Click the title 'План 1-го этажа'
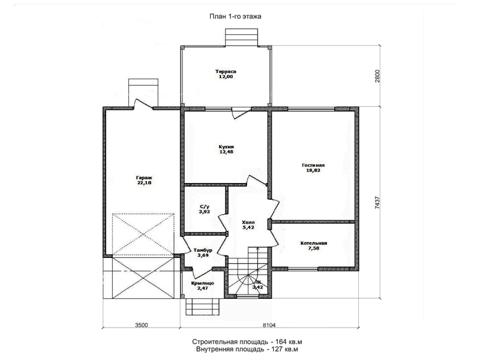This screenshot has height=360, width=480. tap(235, 17)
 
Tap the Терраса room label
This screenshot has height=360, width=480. tap(226, 71)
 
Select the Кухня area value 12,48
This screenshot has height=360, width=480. tap(226, 152)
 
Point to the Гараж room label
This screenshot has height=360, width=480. tap(144, 178)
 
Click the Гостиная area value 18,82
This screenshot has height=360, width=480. tap(313, 170)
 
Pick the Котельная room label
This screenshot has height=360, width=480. tap(314, 243)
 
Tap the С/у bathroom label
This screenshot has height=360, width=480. tap(204, 206)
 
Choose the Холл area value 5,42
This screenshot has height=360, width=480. tap(248, 227)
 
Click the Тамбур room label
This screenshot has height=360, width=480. tap(203, 250)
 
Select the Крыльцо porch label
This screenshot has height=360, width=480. tap(202, 283)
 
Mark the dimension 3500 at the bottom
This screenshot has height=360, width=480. tap(141, 325)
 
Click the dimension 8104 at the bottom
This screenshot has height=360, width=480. tap(269, 325)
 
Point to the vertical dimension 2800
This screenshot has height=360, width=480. tap(377, 76)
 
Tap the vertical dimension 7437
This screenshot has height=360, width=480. tap(377, 203)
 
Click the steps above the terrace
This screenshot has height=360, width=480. tap(242, 37)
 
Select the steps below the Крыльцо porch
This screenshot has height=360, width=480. tap(202, 306)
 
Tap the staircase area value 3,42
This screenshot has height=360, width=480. tap(258, 287)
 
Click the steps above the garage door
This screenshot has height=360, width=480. tap(143, 91)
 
